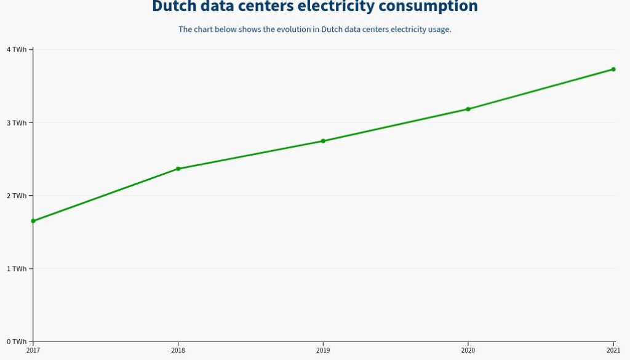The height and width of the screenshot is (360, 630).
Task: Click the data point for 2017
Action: [x=33, y=221]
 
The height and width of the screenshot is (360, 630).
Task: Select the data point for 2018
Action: [x=178, y=169]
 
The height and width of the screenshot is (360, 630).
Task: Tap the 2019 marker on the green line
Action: [x=323, y=141]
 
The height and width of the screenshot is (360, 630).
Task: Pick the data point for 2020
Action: [x=468, y=109]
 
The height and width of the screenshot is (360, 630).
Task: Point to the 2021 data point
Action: [x=613, y=70]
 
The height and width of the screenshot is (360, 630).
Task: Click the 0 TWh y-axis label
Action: [x=17, y=342]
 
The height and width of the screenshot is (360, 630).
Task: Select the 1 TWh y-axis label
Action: [x=17, y=268]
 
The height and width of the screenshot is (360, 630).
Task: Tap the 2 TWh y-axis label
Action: [x=17, y=196]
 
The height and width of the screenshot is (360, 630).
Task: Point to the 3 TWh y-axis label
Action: [x=17, y=122]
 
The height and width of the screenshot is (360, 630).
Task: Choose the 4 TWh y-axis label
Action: [x=17, y=49]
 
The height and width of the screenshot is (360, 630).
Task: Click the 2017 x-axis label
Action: [x=33, y=351]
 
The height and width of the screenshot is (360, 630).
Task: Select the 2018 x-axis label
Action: [x=178, y=351]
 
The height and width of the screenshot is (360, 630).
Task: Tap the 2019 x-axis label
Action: [x=323, y=351]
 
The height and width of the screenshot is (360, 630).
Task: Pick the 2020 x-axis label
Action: [x=468, y=351]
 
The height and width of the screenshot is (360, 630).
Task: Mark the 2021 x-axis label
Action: [x=613, y=351]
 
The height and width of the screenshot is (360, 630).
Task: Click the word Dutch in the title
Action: [x=173, y=7]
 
